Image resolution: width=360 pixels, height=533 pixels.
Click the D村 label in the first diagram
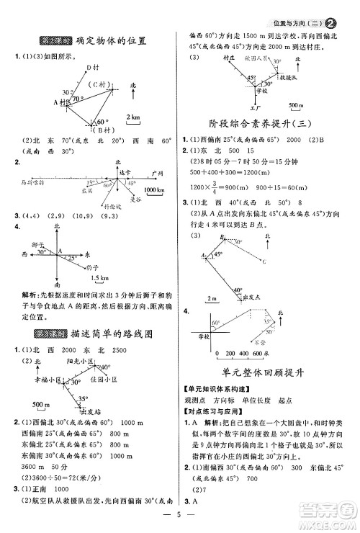[91, 67]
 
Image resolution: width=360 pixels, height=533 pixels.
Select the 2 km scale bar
[133, 122]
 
